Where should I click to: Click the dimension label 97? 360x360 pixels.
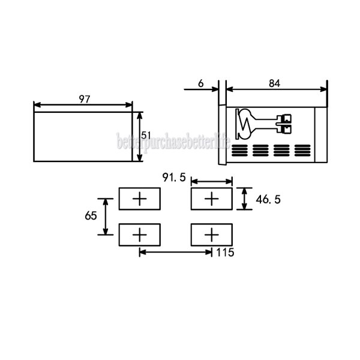click(84, 99)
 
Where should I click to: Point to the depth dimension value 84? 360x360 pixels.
click(274, 84)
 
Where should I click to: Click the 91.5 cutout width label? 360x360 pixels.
click(174, 178)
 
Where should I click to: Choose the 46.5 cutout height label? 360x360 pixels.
click(268, 199)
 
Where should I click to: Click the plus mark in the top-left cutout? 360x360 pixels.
click(139, 199)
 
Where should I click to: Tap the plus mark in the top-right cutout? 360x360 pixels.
click(211, 199)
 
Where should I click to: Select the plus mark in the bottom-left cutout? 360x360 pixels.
click(139, 234)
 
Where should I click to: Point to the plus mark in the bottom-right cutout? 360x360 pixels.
click(211, 234)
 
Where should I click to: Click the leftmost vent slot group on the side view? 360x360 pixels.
click(239, 150)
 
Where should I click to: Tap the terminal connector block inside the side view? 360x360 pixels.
click(284, 123)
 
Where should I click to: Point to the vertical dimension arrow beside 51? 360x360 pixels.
click(140, 136)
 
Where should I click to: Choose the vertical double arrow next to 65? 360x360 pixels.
click(106, 217)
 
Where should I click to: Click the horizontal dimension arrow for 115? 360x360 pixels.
click(175, 252)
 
